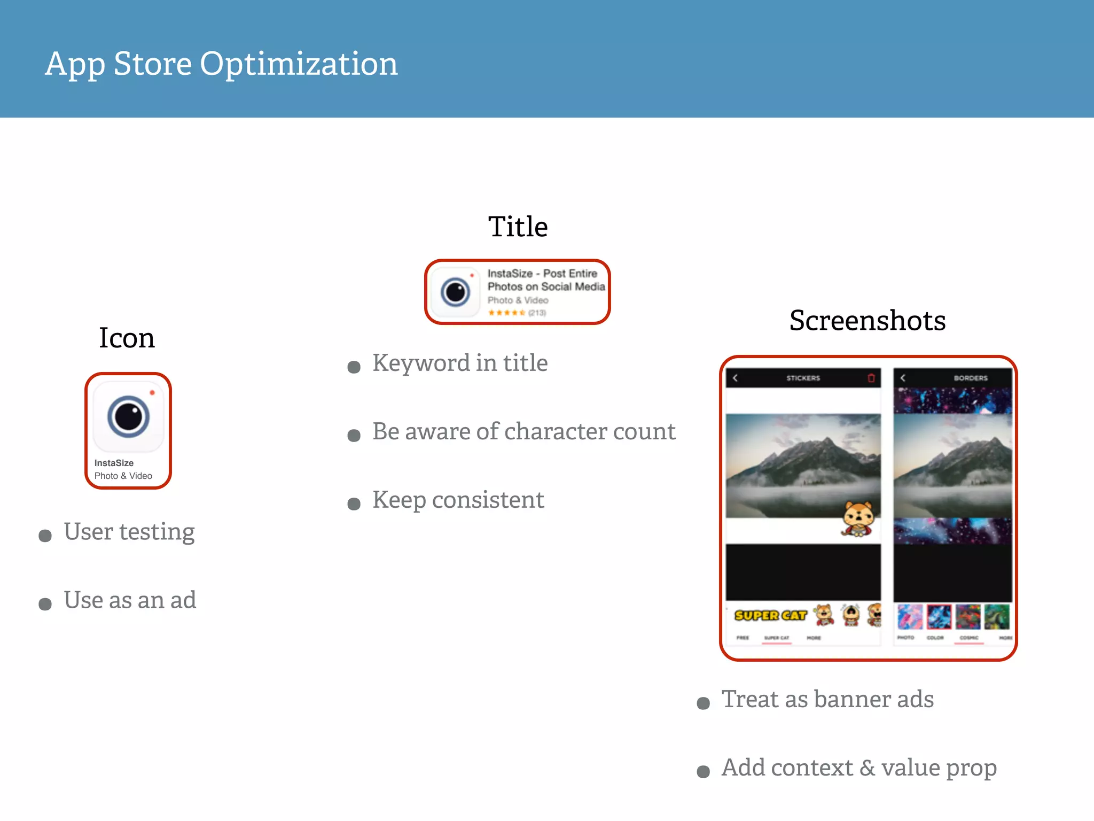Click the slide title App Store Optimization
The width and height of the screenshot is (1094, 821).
(221, 64)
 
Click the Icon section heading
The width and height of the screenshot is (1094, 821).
(127, 338)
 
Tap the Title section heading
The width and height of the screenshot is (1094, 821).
(518, 227)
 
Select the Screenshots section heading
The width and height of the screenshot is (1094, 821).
(868, 321)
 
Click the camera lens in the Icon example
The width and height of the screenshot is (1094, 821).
(128, 416)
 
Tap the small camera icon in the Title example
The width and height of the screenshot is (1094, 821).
(455, 292)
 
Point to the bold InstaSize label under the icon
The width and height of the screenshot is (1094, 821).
(114, 463)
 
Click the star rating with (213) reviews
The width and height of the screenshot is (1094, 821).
(517, 313)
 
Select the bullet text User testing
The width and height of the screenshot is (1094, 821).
(129, 532)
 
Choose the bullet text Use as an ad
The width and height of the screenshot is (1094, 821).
(130, 600)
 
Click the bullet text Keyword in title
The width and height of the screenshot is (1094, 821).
(460, 363)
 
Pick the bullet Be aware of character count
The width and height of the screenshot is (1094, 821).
(523, 432)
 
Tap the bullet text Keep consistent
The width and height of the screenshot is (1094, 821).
(458, 500)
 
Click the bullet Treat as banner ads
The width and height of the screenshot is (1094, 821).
(827, 700)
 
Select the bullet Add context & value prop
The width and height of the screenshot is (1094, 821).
(859, 768)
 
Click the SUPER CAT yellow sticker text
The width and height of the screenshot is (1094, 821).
(770, 616)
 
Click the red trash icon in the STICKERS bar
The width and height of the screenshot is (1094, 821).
(871, 378)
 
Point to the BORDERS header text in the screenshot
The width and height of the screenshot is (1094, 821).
(971, 378)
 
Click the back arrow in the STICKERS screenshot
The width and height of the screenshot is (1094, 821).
(736, 378)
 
